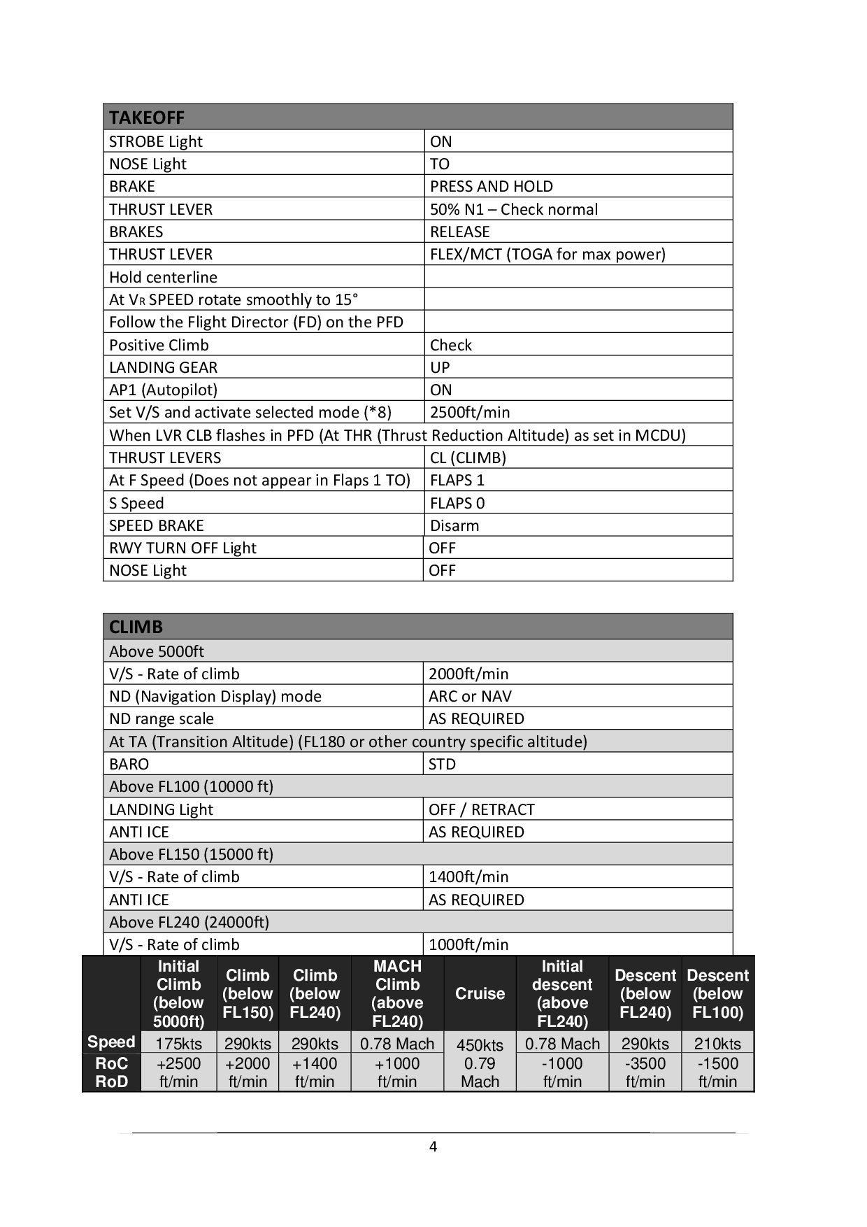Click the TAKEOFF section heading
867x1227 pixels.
click(147, 118)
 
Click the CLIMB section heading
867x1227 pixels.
click(136, 627)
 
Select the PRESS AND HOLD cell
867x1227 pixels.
click(491, 187)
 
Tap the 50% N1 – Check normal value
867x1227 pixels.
click(514, 210)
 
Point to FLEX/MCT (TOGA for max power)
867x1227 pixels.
click(547, 255)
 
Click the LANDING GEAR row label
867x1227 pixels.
click(163, 368)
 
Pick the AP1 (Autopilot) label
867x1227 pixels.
click(163, 390)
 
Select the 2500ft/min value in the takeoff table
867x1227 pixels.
click(470, 413)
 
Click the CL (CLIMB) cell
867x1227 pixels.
click(468, 458)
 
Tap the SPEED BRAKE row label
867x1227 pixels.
click(157, 526)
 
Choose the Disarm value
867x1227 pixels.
click(454, 526)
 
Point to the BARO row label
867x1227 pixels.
click(129, 765)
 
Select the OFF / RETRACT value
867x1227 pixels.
click(481, 810)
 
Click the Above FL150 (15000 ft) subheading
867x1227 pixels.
click(191, 855)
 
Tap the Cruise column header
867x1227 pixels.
click(480, 993)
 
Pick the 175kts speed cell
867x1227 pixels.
click(178, 1044)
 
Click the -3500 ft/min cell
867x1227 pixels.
click(645, 1072)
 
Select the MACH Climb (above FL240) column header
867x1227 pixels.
click(397, 993)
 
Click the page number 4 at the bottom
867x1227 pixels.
click(433, 1147)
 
